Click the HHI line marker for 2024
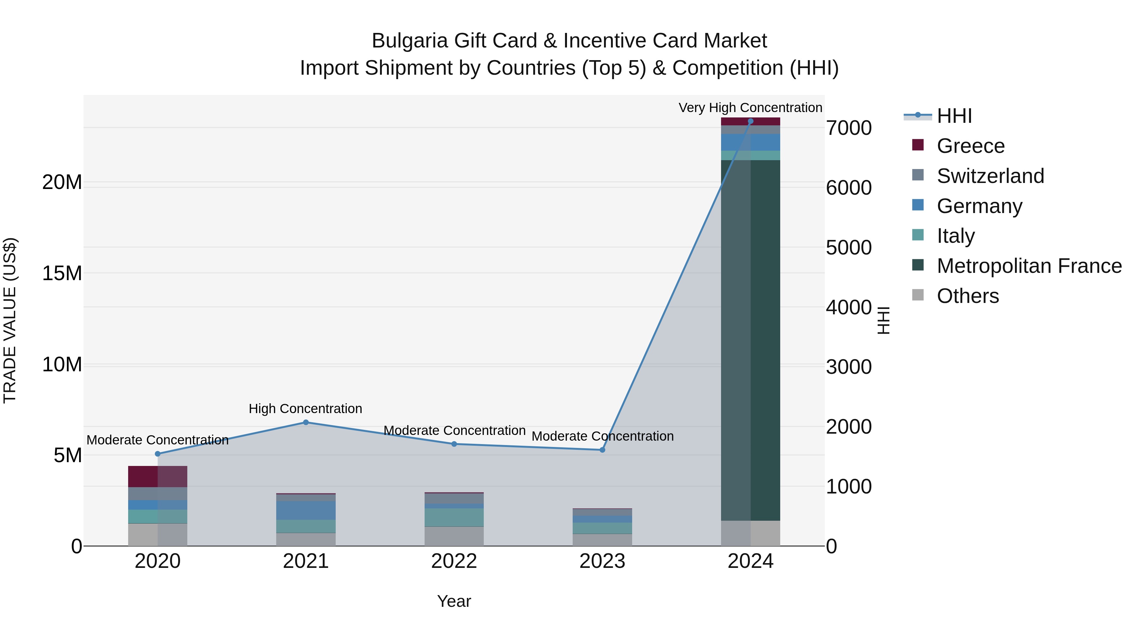750,121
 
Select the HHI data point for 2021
306,423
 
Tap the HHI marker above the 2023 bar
602,450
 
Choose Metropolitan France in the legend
1029,266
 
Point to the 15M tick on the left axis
62,273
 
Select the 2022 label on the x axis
454,561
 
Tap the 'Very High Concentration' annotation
750,108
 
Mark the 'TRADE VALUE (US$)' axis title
10,320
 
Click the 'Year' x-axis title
454,601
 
